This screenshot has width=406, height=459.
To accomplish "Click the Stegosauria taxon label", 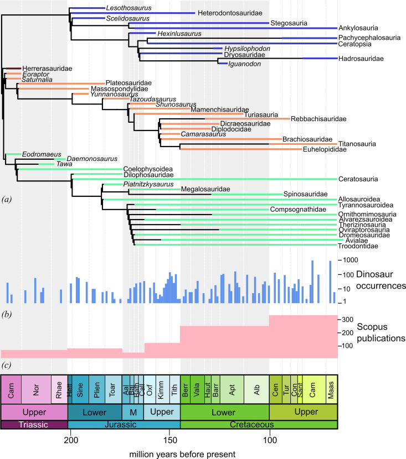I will [288, 23].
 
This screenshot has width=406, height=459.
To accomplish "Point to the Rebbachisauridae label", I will [318, 119].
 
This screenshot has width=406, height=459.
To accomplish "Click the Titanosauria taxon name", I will [357, 144].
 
